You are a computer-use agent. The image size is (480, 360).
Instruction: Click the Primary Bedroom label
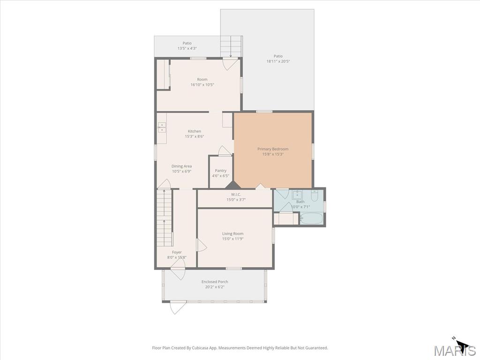pyautogui.click(x=273, y=149)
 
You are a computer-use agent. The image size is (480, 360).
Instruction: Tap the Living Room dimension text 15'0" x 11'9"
pyautogui.click(x=233, y=239)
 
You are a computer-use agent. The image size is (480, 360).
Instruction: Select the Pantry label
pyautogui.click(x=221, y=171)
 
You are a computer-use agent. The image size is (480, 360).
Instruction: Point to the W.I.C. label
pyautogui.click(x=236, y=195)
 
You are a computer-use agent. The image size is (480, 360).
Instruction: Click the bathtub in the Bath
pyautogui.click(x=311, y=218)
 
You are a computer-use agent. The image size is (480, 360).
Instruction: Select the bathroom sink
pyautogui.click(x=297, y=195)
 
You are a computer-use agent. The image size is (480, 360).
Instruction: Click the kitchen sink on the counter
pyautogui.click(x=162, y=127)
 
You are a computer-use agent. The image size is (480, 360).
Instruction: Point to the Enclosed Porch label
pyautogui.click(x=215, y=282)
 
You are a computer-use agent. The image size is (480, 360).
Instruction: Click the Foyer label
pyautogui.click(x=177, y=252)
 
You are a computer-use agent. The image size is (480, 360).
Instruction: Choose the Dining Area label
pyautogui.click(x=181, y=166)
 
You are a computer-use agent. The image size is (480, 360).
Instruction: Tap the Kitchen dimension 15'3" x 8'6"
pyautogui.click(x=195, y=136)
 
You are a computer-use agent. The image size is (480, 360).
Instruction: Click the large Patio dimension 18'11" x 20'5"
pyautogui.click(x=278, y=61)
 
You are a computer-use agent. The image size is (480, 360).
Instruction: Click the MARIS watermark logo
pyautogui.click(x=455, y=351)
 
